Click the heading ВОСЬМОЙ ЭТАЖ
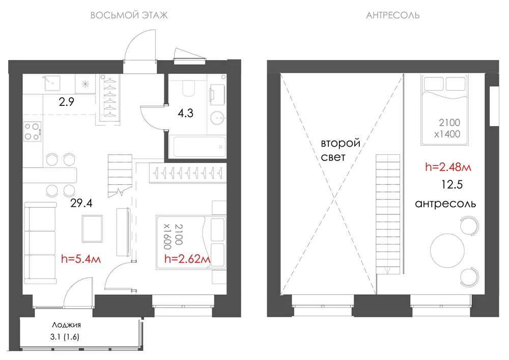pos(129,15)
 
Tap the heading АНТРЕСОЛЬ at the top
pos(393,15)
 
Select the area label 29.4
pos(81,203)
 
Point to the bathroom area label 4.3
pos(185,113)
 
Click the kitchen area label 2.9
pos(67,102)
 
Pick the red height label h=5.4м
pos(81,259)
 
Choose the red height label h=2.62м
pos(187,259)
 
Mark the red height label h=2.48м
pos(448,167)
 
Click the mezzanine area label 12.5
pos(452,185)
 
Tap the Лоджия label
pos(66,325)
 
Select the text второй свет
pos(341,150)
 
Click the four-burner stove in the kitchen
pos(33,131)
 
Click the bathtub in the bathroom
pos(200,147)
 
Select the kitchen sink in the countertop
pos(52,83)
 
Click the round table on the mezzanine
pos(447,251)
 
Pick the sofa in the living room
pos(40,243)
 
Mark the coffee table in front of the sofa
pos(92,229)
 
